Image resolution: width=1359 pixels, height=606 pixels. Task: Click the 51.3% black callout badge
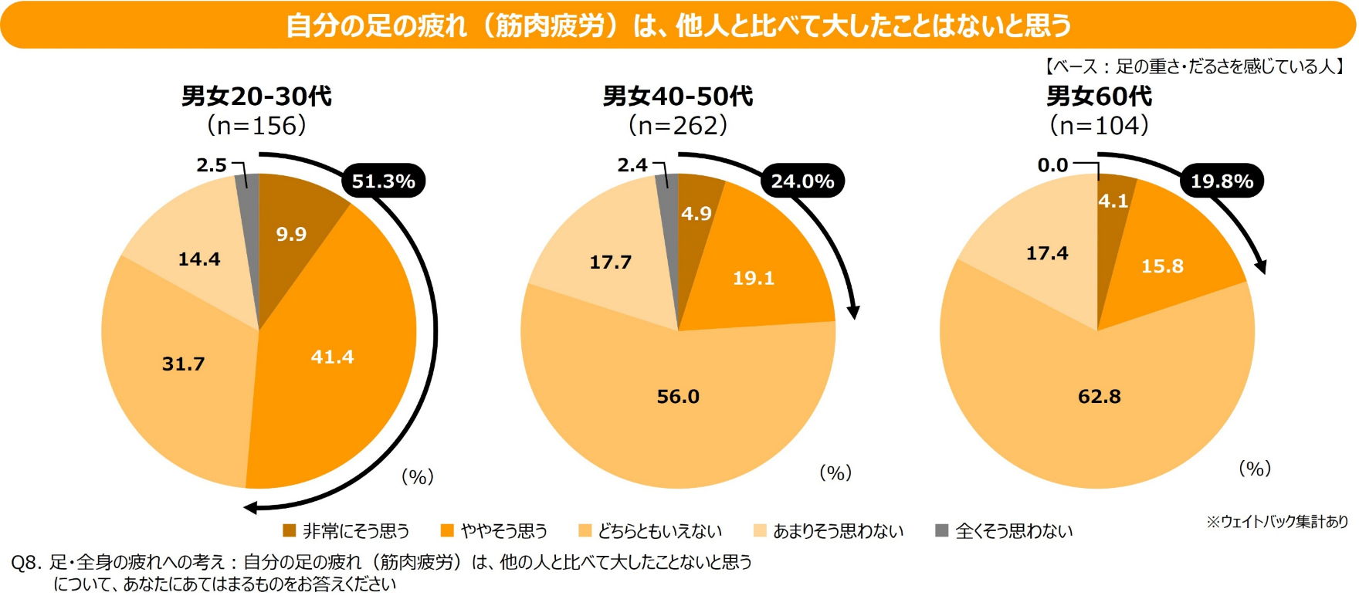[x=383, y=181]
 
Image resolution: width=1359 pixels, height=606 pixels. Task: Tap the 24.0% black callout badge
[x=802, y=181]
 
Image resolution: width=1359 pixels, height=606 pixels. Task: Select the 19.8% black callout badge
[x=1222, y=181]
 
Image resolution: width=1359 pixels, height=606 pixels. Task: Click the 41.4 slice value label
[x=332, y=357]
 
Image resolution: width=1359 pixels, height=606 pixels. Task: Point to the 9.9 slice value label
[x=291, y=234]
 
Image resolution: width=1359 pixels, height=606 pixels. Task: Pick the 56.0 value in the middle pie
[x=678, y=396]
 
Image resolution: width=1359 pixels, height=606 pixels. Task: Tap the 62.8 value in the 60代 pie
[x=1099, y=396]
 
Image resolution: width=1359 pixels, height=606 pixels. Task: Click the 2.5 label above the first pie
[x=212, y=165]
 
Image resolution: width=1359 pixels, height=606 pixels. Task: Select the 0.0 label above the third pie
[x=1052, y=165]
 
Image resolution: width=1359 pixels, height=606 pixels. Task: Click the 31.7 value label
[x=183, y=364]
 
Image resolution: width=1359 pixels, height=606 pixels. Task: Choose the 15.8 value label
[x=1162, y=266]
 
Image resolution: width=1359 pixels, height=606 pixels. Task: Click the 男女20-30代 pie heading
[x=256, y=96]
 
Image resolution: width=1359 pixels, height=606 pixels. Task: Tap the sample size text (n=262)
[x=678, y=125]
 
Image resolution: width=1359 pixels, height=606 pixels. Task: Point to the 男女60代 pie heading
[x=1099, y=96]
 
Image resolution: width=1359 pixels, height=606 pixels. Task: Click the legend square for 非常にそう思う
[x=290, y=530]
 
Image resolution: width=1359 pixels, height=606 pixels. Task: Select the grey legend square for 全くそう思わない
[x=941, y=530]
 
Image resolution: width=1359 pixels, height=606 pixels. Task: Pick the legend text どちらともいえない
[x=659, y=531]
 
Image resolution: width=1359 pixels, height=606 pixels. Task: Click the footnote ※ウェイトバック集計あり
[x=1277, y=522]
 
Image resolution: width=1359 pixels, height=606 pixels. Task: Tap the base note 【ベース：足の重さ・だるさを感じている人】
[x=1195, y=66]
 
